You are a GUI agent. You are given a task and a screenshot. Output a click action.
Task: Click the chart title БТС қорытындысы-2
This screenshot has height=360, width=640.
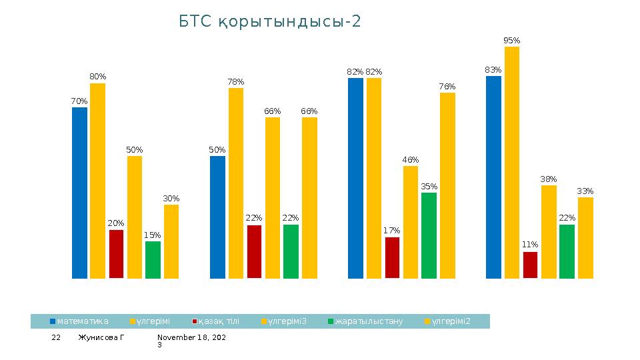point(270,22)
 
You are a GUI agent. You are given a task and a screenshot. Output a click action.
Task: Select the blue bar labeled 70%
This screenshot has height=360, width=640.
point(79,193)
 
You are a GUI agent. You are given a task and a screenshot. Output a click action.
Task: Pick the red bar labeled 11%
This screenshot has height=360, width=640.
point(530,265)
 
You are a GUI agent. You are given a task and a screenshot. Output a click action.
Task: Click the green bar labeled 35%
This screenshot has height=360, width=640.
point(429,235)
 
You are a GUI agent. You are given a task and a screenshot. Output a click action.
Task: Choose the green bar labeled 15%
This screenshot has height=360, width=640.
point(153,259)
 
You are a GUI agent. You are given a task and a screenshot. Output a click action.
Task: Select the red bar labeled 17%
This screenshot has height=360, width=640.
point(392,257)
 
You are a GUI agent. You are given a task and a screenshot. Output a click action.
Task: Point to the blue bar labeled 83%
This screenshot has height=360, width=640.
point(493,177)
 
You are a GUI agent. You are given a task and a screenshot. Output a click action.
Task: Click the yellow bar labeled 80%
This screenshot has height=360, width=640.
point(98,181)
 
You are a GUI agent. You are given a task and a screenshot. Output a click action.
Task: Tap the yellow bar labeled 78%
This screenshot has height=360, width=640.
point(236,183)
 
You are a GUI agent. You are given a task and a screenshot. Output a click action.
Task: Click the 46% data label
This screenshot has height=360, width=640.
point(411,160)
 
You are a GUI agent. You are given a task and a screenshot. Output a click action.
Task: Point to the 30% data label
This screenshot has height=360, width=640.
point(171,199)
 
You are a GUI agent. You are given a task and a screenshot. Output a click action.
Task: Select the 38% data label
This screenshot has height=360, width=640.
point(549,179)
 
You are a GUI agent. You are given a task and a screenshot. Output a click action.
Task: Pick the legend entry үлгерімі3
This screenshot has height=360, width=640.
point(287,321)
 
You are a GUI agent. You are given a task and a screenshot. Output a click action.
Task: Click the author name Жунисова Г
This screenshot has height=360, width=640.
point(101,338)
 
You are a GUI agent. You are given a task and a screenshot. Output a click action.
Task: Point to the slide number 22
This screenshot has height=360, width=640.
point(57,338)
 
